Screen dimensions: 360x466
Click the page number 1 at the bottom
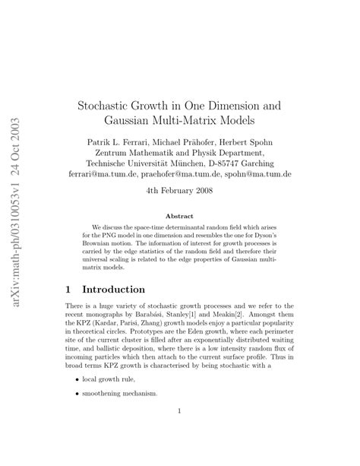pyautogui.click(x=179, y=413)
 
